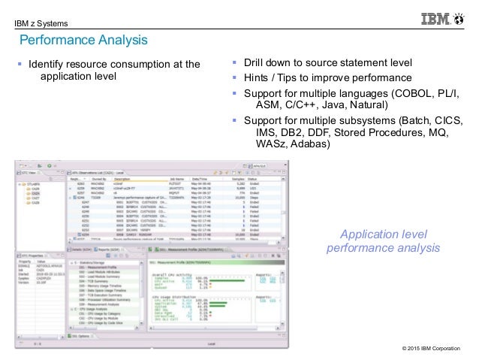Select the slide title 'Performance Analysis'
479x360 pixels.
tap(83, 39)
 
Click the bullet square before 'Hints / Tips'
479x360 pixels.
tap(235, 78)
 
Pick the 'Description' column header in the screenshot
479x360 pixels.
tap(122, 180)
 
